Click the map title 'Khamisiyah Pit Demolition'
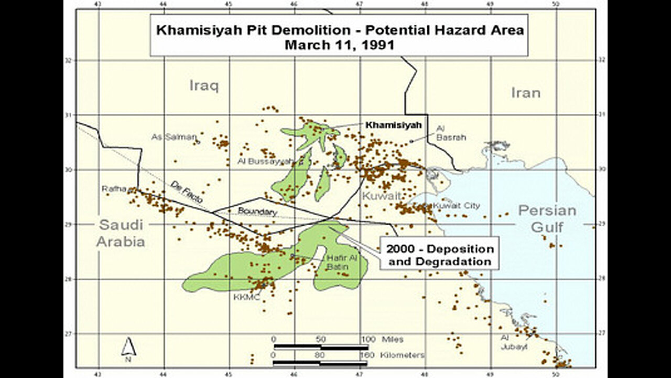[339, 30]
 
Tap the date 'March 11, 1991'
[339, 45]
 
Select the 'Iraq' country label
[203, 86]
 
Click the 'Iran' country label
[525, 93]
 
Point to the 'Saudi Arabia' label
[121, 233]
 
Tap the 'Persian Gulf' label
[547, 218]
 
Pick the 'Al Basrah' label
[449, 132]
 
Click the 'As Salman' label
[174, 137]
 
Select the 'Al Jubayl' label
[514, 342]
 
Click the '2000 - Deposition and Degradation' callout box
[439, 255]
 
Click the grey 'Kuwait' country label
[381, 196]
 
